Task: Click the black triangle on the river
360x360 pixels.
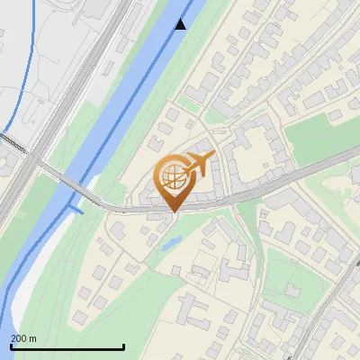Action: coord(182,23)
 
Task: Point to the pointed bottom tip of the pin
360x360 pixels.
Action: coord(174,212)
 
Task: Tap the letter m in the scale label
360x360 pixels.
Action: coord(33,338)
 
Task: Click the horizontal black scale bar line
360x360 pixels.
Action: coord(67,347)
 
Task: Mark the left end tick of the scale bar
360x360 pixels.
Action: coord(10,346)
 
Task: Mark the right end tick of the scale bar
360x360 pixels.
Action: coord(123,346)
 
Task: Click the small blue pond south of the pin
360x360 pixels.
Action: coord(172,241)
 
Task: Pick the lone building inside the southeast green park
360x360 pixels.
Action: coord(292,290)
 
